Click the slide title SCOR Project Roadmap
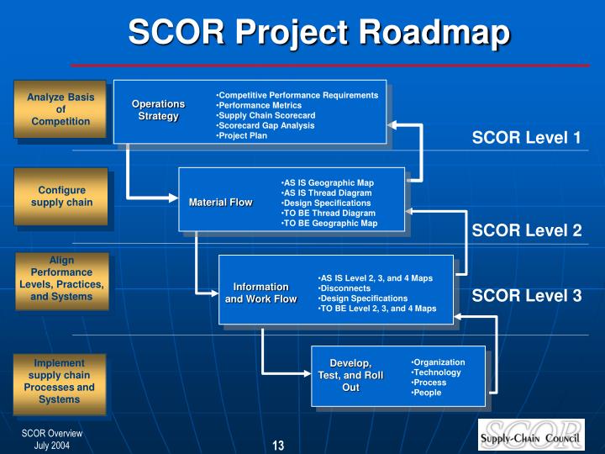[318, 33]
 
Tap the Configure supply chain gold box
[62, 196]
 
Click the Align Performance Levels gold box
[62, 279]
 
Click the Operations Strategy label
[158, 110]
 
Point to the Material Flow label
[220, 203]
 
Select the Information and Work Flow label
[260, 293]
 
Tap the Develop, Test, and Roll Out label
[350, 375]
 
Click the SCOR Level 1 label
[526, 138]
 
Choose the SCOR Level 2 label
[526, 230]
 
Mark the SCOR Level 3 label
[526, 295]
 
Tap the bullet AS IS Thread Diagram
[326, 193]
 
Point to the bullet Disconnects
[345, 288]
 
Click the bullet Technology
[436, 372]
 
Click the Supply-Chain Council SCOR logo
[531, 435]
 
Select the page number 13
[278, 445]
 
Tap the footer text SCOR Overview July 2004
[52, 439]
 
